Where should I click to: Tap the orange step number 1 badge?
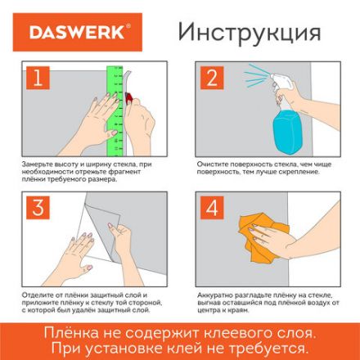tap(37, 78)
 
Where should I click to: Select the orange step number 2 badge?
tap(211, 78)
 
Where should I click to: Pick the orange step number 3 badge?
tap(37, 208)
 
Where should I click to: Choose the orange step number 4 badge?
tap(211, 208)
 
